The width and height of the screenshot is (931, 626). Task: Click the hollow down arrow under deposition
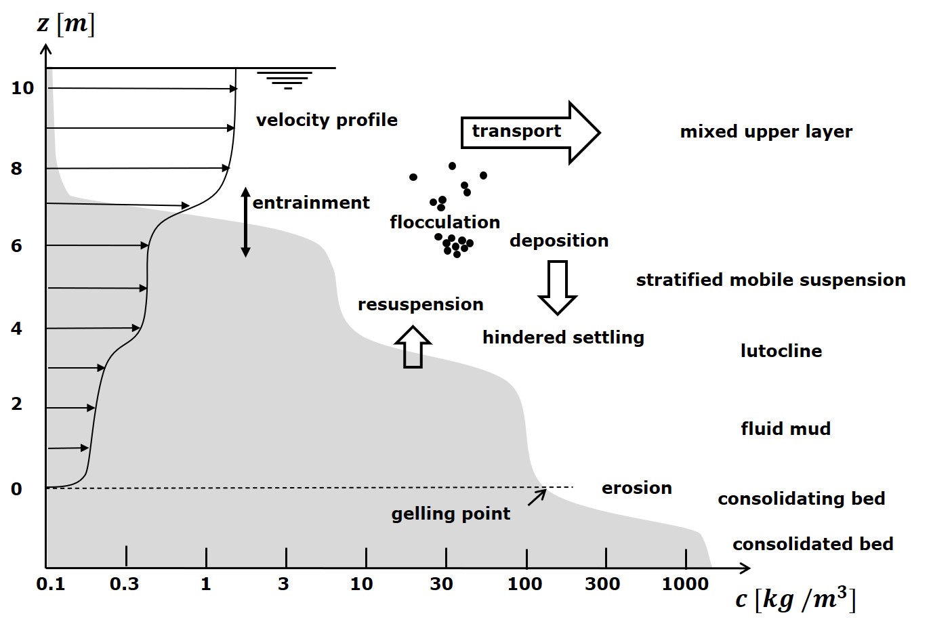[558, 287]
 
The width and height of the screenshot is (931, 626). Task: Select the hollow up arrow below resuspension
[413, 347]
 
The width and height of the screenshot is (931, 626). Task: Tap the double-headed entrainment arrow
[246, 222]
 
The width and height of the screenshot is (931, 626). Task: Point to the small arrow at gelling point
[537, 497]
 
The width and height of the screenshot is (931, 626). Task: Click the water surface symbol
[289, 79]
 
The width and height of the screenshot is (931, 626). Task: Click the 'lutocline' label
[781, 351]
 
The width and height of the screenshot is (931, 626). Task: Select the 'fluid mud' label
[785, 429]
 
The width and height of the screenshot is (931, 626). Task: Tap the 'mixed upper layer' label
[766, 131]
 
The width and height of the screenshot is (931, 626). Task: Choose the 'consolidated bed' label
[812, 544]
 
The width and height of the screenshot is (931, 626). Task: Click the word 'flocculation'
[444, 222]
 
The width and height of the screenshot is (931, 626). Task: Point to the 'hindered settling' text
[563, 337]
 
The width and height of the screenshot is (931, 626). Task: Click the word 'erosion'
[636, 488]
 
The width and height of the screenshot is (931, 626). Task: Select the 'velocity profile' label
[327, 120]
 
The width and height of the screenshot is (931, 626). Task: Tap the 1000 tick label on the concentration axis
[684, 584]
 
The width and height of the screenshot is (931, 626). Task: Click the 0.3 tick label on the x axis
[124, 584]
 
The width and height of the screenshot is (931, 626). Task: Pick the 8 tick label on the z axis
[17, 169]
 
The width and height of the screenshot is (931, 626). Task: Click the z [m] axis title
[66, 24]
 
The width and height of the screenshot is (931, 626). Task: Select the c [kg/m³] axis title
[795, 599]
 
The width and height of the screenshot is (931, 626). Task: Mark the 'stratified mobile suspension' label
[770, 280]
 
